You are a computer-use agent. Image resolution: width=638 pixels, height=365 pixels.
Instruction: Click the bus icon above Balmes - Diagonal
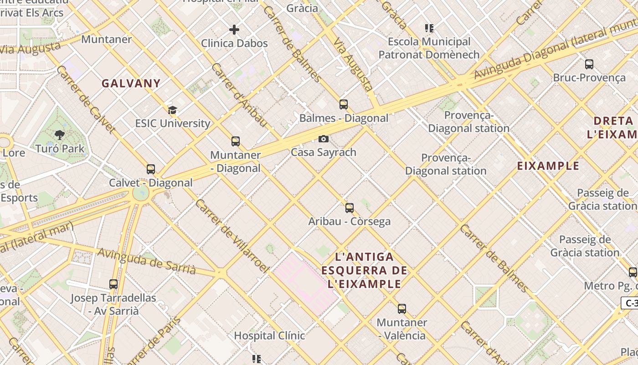tap(344, 104)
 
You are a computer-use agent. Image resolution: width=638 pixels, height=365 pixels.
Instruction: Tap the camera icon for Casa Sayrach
tap(324, 139)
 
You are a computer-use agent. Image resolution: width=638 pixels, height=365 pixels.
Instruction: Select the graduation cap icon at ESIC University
tap(172, 110)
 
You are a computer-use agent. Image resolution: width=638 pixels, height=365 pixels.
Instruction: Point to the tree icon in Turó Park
tap(59, 135)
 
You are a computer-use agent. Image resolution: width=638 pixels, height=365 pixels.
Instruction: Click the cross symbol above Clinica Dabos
tap(234, 30)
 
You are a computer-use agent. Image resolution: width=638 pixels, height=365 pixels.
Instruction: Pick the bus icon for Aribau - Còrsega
tap(350, 208)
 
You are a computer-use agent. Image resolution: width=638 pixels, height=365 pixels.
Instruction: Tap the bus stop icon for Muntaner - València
tap(401, 309)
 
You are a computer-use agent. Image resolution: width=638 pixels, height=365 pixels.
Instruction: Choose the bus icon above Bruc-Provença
tap(589, 64)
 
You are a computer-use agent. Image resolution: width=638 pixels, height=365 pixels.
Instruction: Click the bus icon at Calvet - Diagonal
tap(151, 169)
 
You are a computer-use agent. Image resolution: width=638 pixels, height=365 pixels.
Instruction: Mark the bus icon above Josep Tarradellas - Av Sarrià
tap(113, 284)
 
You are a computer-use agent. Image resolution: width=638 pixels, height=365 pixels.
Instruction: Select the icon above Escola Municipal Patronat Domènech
tap(429, 28)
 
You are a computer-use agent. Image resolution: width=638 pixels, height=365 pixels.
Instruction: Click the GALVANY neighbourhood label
tap(131, 83)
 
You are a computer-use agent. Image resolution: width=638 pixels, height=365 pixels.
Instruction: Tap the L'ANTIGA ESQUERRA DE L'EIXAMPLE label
tap(364, 270)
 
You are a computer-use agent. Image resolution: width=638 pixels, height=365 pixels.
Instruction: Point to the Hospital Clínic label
tap(269, 336)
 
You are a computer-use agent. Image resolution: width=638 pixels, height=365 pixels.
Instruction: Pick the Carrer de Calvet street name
tap(85, 99)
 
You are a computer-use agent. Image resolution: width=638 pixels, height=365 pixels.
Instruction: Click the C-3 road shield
tap(631, 302)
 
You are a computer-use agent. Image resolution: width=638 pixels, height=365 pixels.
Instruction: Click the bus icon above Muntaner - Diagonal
tap(236, 141)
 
